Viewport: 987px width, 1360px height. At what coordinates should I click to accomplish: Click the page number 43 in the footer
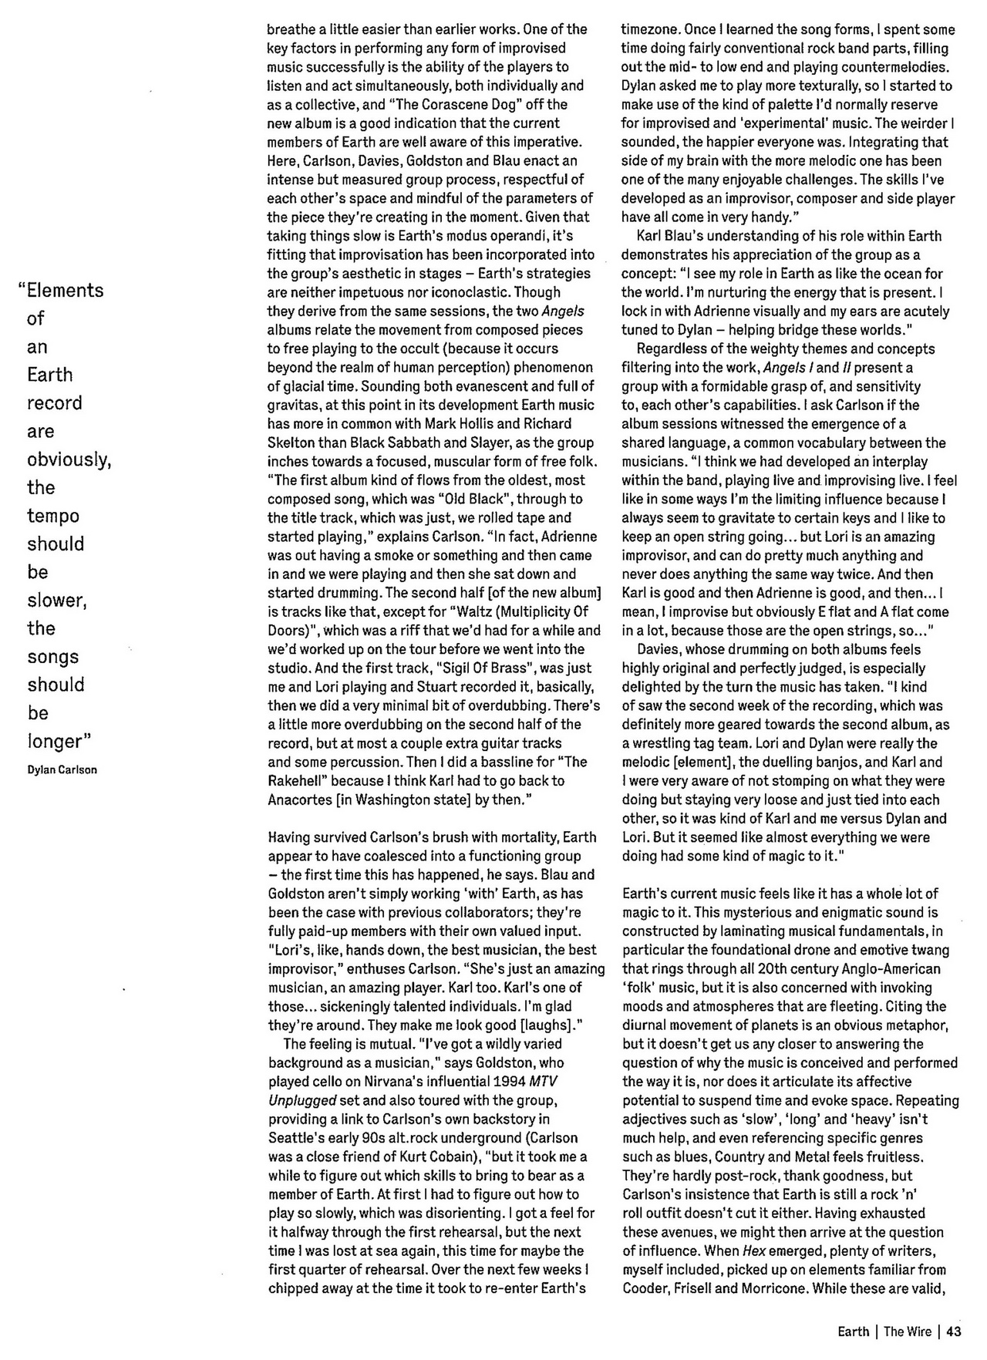(x=954, y=1331)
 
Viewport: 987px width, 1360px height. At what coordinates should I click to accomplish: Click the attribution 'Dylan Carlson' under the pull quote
(x=62, y=769)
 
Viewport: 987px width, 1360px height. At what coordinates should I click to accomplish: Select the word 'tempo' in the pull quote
(x=53, y=516)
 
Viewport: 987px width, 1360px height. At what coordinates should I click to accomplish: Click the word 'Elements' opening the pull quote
(x=65, y=291)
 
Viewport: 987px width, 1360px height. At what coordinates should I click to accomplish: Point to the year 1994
(x=510, y=1082)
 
